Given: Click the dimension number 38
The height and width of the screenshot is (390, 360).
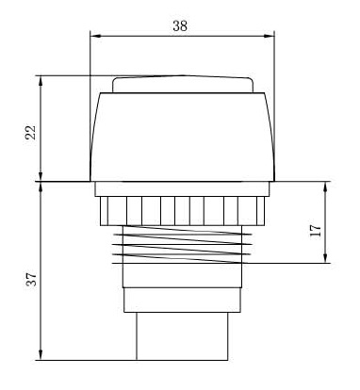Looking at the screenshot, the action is pos(180,25).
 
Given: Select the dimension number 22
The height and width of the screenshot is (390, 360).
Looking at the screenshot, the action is pos(31,133).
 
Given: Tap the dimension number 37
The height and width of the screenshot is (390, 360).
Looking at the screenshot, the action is pos(31,279).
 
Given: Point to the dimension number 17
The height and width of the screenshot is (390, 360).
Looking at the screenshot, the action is pos(316,231).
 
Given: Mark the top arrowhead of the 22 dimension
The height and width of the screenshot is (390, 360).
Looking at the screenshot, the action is pos(41,81).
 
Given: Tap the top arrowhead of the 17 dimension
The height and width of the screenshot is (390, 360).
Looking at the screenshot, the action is pos(325,187).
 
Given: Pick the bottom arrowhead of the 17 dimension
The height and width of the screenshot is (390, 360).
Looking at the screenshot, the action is pos(325,257).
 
